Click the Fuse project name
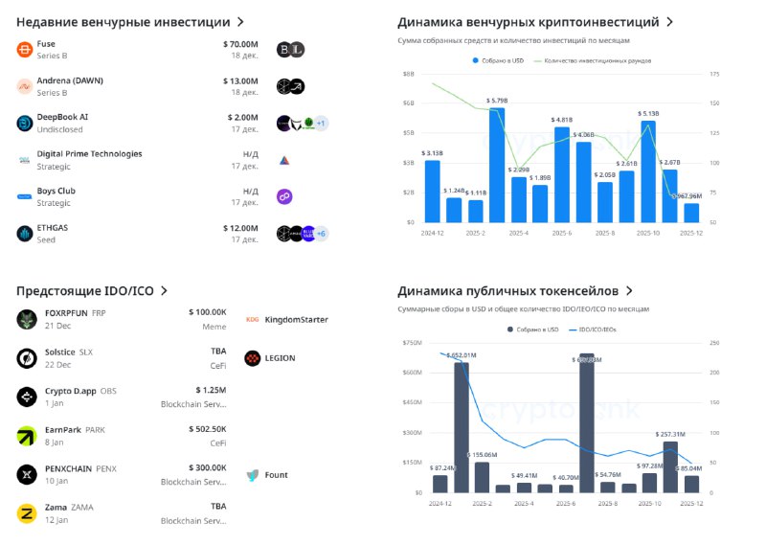coord(46,43)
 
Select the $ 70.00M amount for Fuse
coord(239,43)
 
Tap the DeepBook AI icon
coord(25,123)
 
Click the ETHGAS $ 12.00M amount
coord(239,227)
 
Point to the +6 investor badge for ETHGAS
coord(321,233)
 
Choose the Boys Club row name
coord(56,191)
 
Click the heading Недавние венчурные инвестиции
coord(124,21)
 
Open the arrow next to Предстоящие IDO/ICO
coord(164,290)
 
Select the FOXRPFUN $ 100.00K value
coord(207,312)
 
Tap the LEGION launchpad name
coord(281,358)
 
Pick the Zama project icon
coord(27,514)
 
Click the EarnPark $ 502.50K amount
coord(207,429)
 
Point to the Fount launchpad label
coord(277,475)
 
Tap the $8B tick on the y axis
coord(408,74)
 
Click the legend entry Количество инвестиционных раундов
coord(598,60)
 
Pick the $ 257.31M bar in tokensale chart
coord(670,466)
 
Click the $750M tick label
coord(412,342)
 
